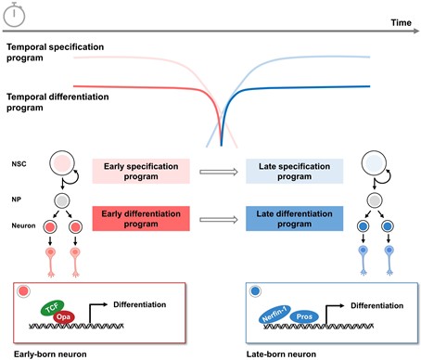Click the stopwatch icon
pyautogui.click(x=14, y=14)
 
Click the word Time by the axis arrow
pyautogui.click(x=401, y=22)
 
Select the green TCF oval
pyautogui.click(x=52, y=308)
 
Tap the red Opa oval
pyautogui.click(x=63, y=317)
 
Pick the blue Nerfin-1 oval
pyautogui.click(x=274, y=314)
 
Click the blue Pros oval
pyautogui.click(x=304, y=316)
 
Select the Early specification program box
pyautogui.click(x=141, y=172)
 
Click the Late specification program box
pyautogui.click(x=294, y=172)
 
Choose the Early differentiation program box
pyautogui.click(x=141, y=219)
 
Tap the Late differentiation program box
pyautogui.click(x=294, y=219)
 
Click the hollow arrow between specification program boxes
pyautogui.click(x=219, y=172)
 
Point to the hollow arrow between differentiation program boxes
pyautogui.click(x=219, y=220)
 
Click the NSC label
pyautogui.click(x=19, y=164)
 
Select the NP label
pyautogui.click(x=17, y=199)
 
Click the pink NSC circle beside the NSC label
pyautogui.click(x=62, y=163)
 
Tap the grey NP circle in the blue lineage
pyautogui.click(x=375, y=200)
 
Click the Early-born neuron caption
pyautogui.click(x=50, y=354)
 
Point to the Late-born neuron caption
pyautogui.click(x=281, y=354)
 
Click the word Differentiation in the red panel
pyautogui.click(x=139, y=304)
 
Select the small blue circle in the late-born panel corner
pyautogui.click(x=255, y=291)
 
